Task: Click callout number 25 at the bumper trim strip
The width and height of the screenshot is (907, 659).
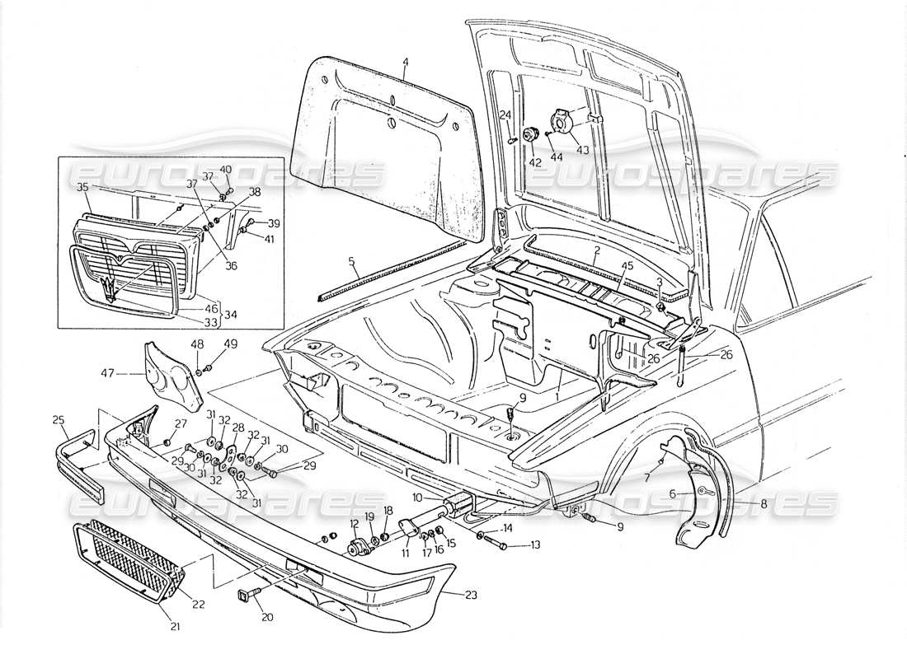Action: [58, 420]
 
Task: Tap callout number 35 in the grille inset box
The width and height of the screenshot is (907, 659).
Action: [82, 188]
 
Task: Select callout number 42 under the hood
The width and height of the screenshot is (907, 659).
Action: [535, 162]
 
